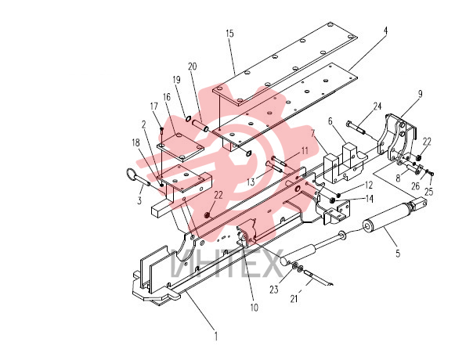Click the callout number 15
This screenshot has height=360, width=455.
click(x=229, y=34)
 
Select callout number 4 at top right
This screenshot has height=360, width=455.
click(x=385, y=31)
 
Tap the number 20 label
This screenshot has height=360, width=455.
click(x=192, y=67)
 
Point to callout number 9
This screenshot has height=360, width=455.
click(x=420, y=94)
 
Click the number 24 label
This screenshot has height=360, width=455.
click(x=377, y=106)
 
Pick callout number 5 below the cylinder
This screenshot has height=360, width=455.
click(x=398, y=254)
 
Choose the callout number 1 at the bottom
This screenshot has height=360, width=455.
click(x=215, y=337)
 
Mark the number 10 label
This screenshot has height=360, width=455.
click(x=255, y=308)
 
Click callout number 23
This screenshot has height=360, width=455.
click(x=273, y=290)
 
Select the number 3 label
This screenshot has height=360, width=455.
click(x=139, y=200)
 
